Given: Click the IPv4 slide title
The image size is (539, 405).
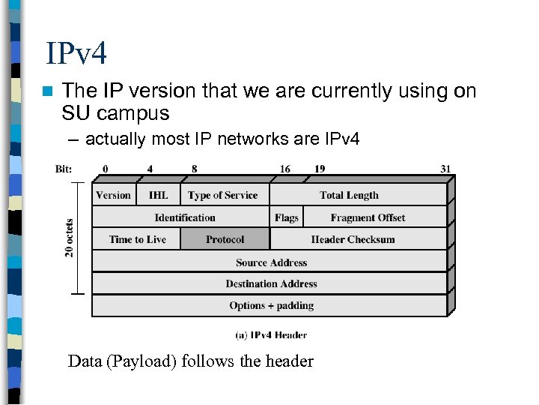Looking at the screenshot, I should [76, 54].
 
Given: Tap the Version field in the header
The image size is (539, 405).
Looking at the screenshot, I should [114, 195].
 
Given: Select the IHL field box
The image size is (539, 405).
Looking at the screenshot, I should [158, 195].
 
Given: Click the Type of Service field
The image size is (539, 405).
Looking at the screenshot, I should [222, 195].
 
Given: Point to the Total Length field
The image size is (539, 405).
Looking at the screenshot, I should [349, 195].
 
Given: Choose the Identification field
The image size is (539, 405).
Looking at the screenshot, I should [184, 217].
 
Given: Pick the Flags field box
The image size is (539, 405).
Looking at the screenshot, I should [286, 217].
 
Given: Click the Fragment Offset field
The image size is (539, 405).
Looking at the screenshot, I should [368, 217].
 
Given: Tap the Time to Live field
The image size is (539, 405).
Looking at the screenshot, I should [138, 240].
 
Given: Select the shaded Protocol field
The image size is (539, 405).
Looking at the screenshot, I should [225, 240].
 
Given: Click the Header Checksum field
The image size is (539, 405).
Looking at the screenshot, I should [353, 240].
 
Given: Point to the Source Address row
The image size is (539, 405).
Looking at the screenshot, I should [271, 262].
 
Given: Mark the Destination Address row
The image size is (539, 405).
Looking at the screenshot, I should [271, 283].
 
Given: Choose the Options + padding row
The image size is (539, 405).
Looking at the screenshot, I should [271, 305].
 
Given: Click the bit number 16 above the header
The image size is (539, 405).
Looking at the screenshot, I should [285, 169].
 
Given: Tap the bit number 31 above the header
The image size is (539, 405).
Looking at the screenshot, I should [445, 169].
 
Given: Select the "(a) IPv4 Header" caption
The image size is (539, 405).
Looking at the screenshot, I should [270, 335].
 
